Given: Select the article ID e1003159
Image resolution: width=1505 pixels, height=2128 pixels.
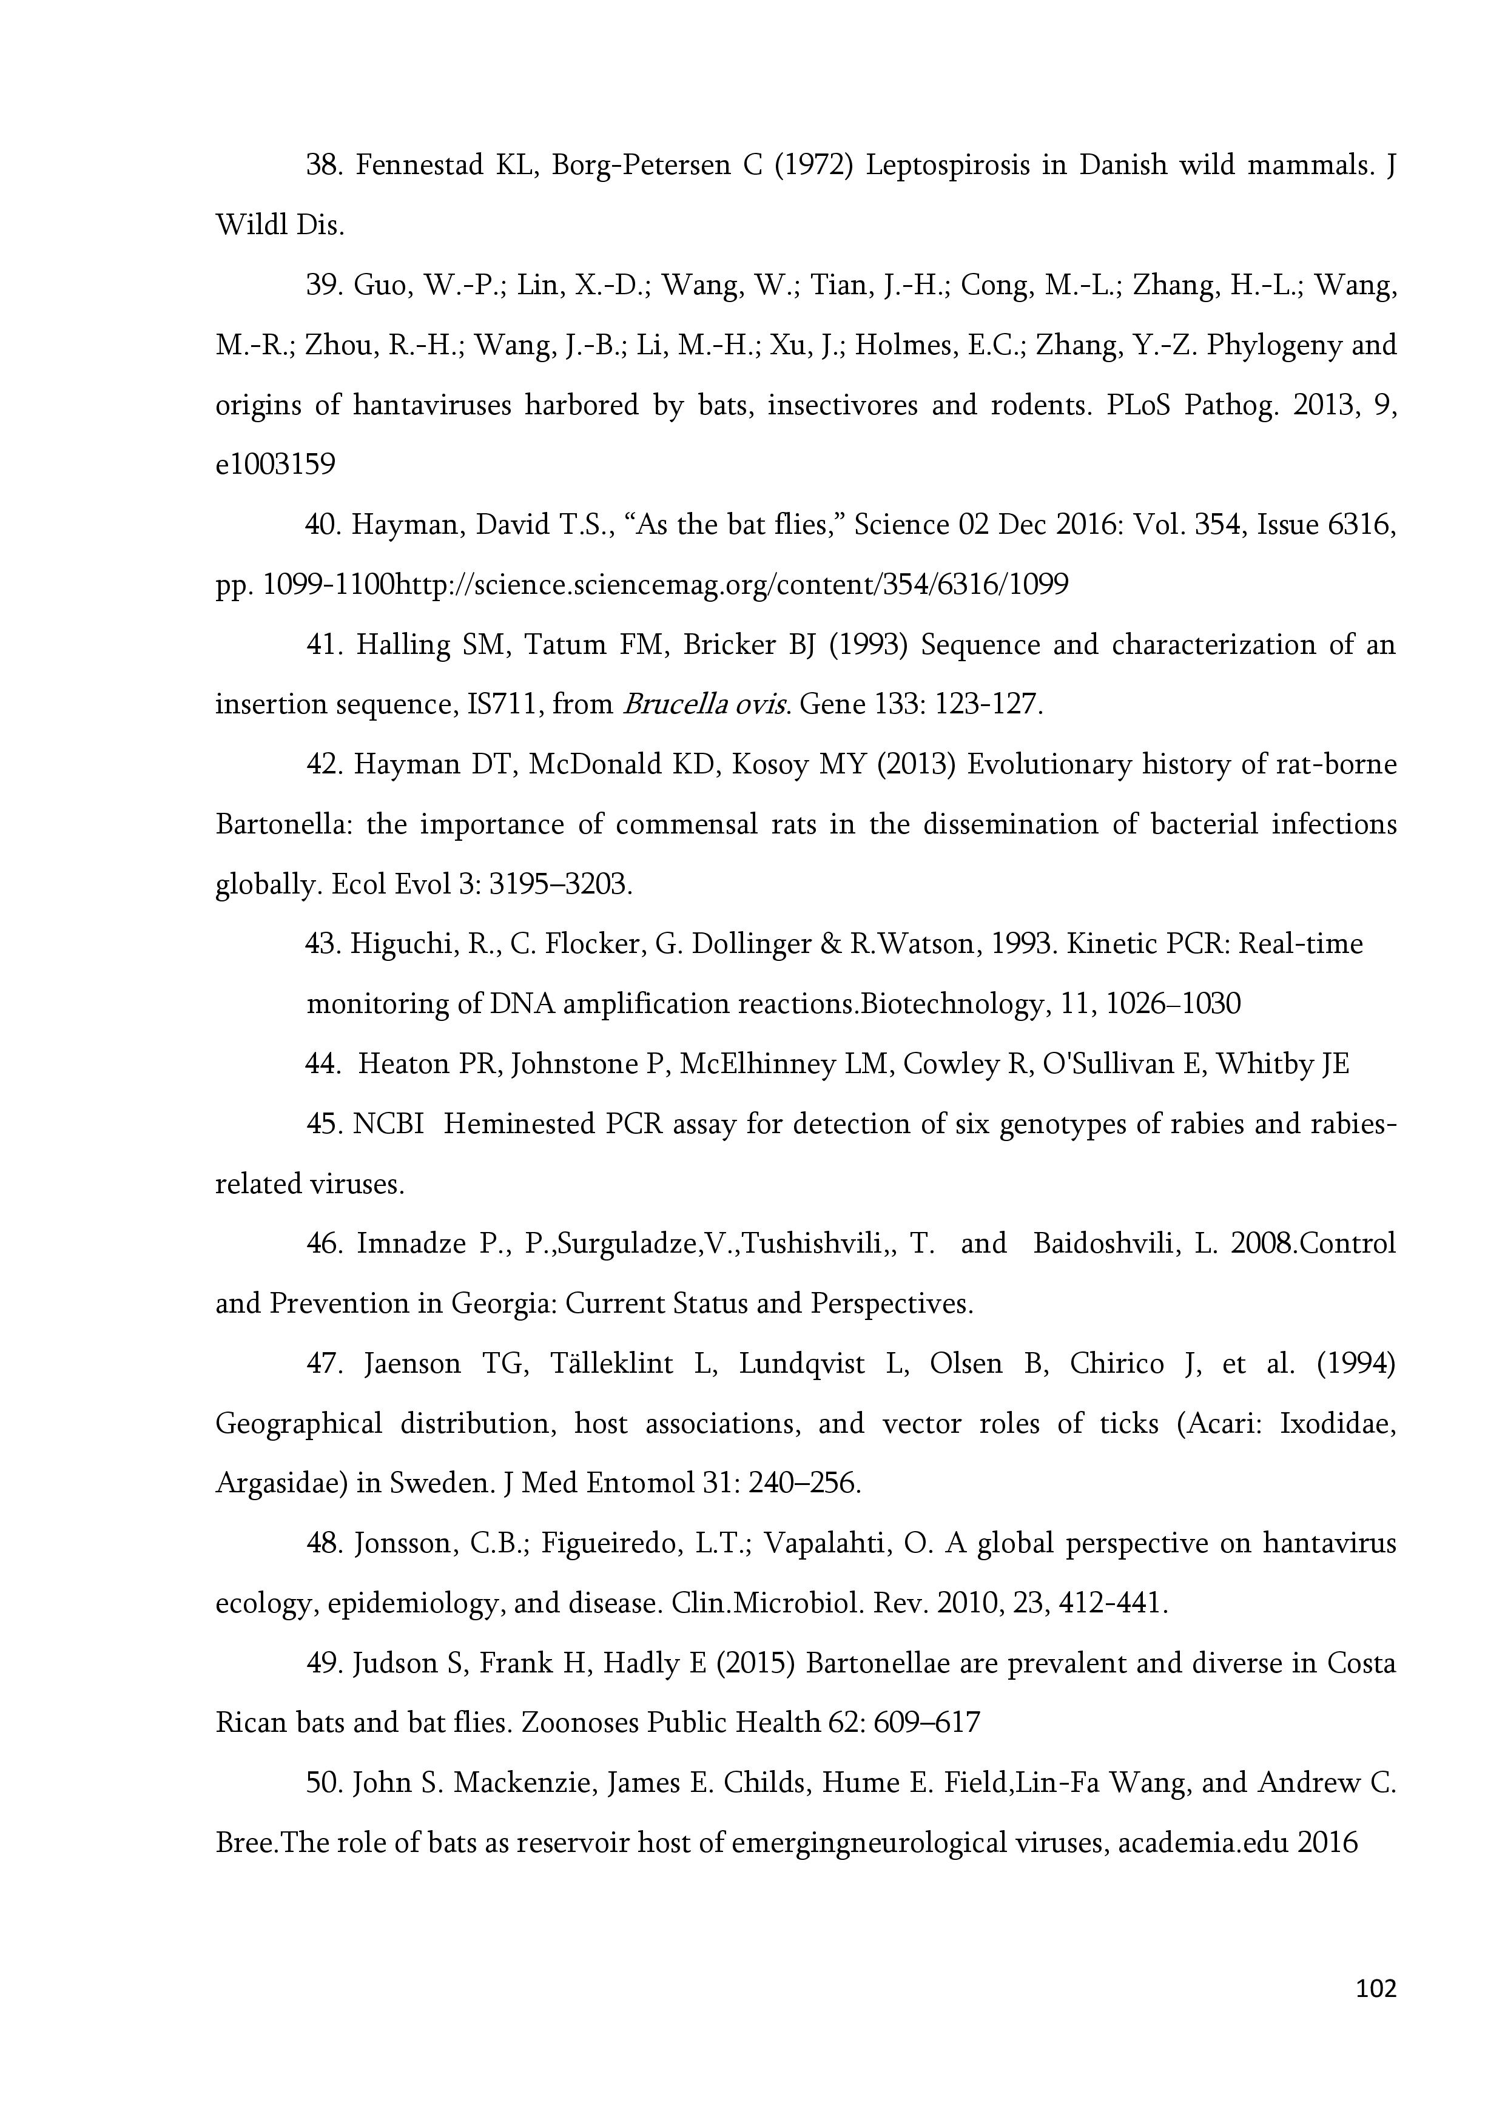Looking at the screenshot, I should pos(275,464).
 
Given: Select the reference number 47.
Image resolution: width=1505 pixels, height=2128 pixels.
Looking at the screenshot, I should pos(325,1364).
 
